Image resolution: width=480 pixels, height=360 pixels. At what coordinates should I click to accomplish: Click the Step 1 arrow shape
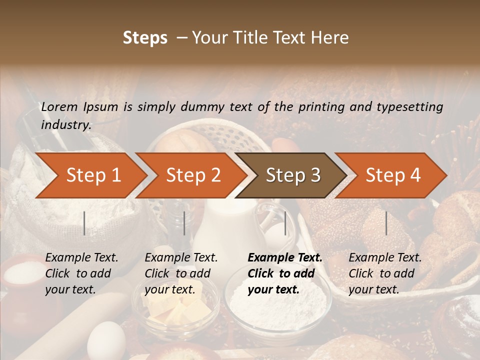90,175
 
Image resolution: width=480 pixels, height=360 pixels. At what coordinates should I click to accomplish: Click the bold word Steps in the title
145,38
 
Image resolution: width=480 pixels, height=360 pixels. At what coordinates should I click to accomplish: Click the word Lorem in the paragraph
59,106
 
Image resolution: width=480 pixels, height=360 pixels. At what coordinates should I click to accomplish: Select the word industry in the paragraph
65,125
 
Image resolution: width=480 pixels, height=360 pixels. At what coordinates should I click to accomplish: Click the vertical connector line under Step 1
84,223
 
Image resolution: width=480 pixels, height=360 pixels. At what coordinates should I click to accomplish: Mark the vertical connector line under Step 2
184,223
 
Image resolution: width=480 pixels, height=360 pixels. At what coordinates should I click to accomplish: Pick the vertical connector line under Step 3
285,223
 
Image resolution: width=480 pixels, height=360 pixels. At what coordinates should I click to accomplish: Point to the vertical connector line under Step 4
386,223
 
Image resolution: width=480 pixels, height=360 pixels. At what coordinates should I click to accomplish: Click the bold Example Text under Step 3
285,258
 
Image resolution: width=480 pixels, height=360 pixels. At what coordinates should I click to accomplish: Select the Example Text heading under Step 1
81,258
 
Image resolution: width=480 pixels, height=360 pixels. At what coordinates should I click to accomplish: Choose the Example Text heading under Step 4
385,258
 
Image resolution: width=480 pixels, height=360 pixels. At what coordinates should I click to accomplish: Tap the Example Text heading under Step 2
181,258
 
